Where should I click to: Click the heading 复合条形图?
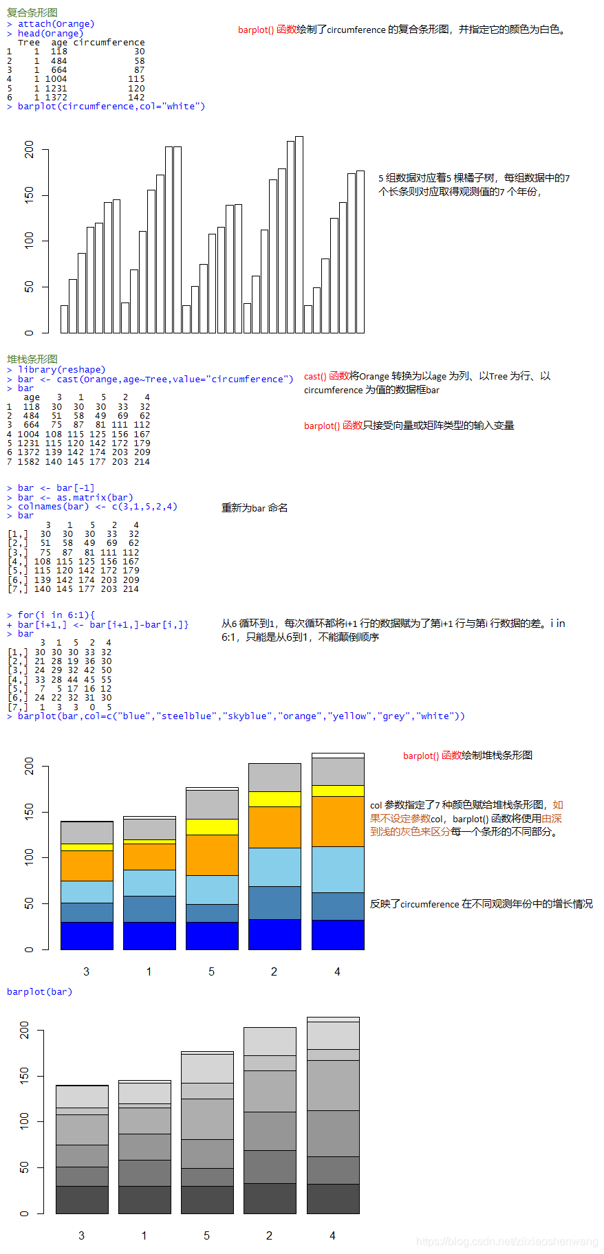(32, 12)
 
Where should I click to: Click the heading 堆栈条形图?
(32, 359)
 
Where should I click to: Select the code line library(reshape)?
(61, 370)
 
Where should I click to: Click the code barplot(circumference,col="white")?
(111, 107)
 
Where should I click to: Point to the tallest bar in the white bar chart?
(299, 234)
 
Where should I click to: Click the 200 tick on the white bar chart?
(29, 149)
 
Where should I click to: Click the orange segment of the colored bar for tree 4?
(338, 821)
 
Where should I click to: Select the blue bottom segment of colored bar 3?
(87, 935)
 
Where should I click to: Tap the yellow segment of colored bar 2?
(274, 799)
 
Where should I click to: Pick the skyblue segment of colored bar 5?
(212, 890)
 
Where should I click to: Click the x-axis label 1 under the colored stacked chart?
(149, 971)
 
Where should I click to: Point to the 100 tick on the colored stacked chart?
(29, 857)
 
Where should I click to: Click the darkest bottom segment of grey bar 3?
(82, 1200)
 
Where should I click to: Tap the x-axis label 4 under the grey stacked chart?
(332, 1235)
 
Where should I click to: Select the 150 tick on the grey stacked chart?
(25, 1076)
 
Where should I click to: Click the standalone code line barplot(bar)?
(39, 991)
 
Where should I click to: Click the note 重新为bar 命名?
(255, 508)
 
